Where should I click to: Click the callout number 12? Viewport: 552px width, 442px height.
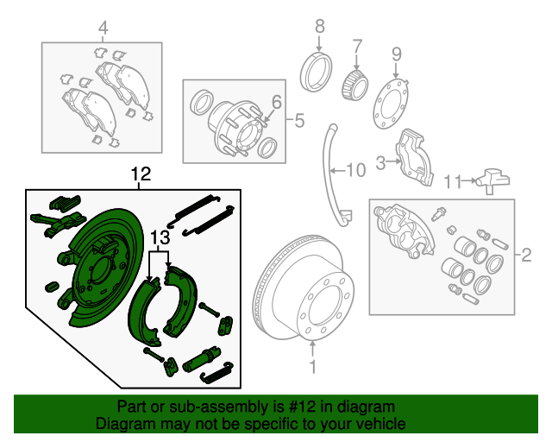[141, 174]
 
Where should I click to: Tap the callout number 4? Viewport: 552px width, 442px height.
[103, 29]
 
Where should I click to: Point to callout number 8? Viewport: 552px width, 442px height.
[318, 24]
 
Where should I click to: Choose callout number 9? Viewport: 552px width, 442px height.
[396, 54]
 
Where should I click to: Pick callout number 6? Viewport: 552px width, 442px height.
[276, 103]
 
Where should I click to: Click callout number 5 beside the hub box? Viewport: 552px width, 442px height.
[298, 121]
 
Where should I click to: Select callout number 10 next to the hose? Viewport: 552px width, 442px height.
[356, 170]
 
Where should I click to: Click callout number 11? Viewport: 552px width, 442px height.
[454, 181]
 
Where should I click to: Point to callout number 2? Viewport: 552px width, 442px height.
[525, 255]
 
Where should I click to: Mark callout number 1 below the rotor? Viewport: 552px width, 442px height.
[313, 368]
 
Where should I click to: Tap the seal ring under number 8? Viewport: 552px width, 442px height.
[318, 69]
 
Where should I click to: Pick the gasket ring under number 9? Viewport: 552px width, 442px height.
[392, 104]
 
